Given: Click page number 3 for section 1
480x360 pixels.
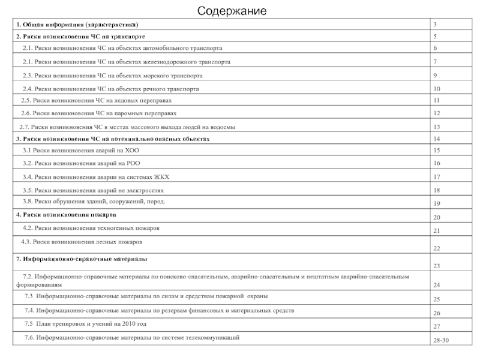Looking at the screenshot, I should tap(435, 25).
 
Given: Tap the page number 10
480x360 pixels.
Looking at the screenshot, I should tap(437, 89).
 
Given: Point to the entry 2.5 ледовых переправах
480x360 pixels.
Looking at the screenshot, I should tap(100, 100).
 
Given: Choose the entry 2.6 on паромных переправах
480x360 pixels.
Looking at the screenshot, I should tap(98, 113).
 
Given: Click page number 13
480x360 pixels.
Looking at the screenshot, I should tap(437, 127).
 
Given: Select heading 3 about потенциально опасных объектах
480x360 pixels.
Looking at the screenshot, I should tap(112, 139).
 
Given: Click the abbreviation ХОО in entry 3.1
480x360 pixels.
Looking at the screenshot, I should tap(131, 150).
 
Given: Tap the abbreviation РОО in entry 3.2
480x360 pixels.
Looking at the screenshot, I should tap(133, 163).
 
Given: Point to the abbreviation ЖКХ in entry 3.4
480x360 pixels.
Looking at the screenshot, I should tap(161, 177).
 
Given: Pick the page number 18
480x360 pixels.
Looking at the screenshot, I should tap(437, 190).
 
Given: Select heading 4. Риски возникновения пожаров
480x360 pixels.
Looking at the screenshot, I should tap(66, 214).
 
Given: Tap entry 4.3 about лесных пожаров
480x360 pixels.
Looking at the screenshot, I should tap(82, 241).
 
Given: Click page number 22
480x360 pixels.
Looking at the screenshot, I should tap(437, 248).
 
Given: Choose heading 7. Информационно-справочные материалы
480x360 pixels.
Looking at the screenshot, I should tap(82, 259).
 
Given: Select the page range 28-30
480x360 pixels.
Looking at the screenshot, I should tap(440, 340).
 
